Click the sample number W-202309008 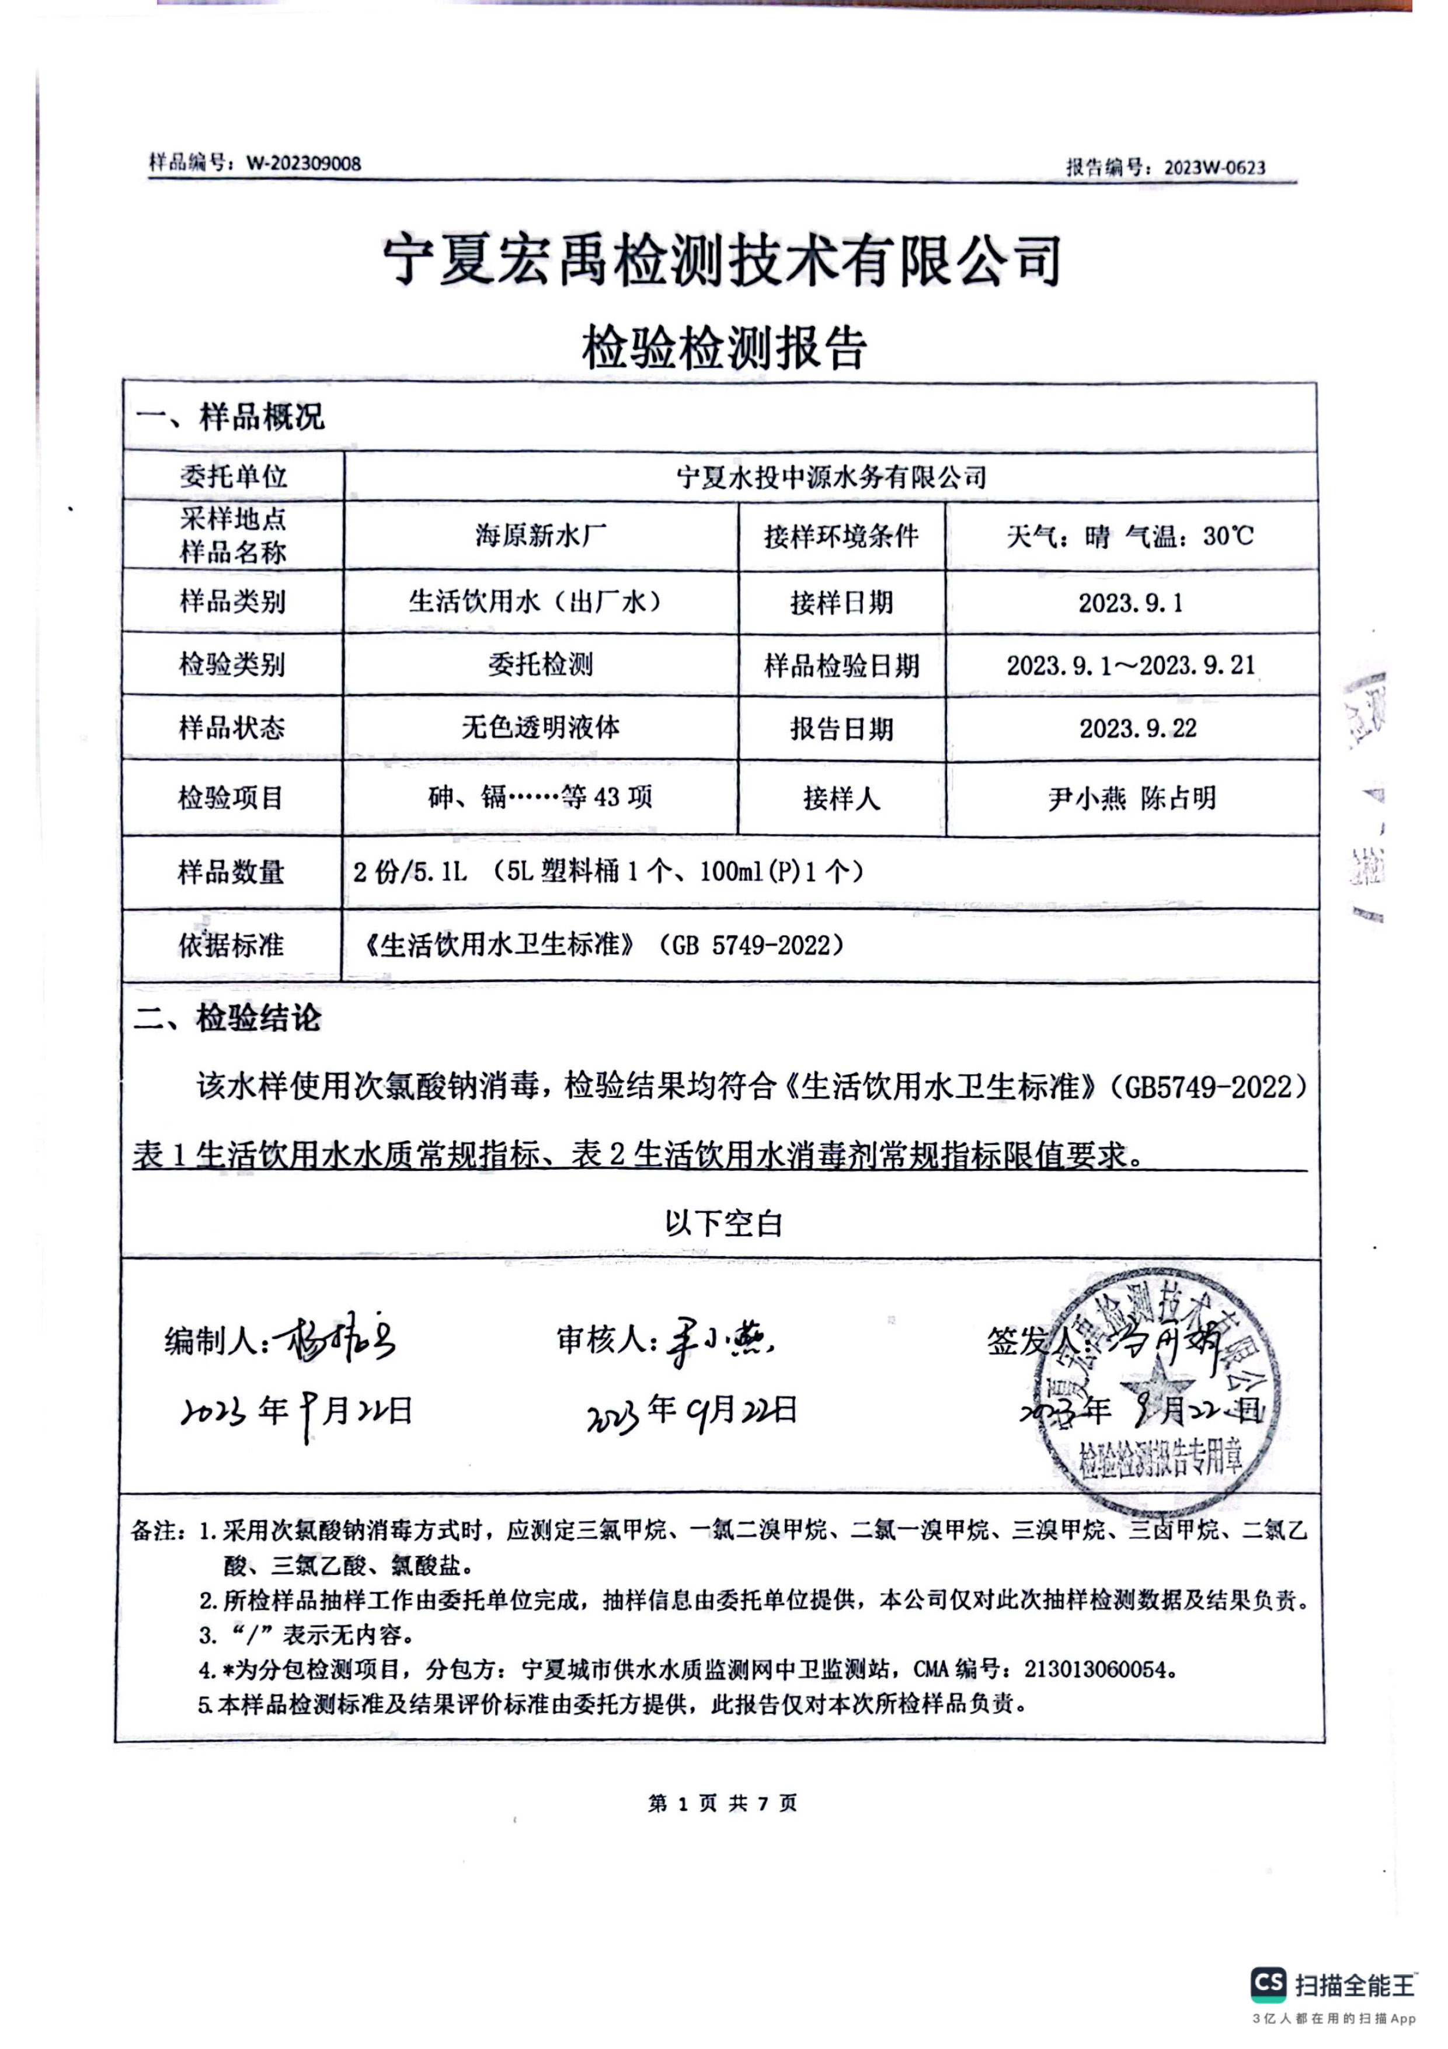304,163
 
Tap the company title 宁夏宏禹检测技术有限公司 723,260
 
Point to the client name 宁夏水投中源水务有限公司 831,478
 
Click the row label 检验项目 231,797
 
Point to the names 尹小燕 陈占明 1132,798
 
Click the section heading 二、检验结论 228,1018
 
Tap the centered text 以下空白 723,1223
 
